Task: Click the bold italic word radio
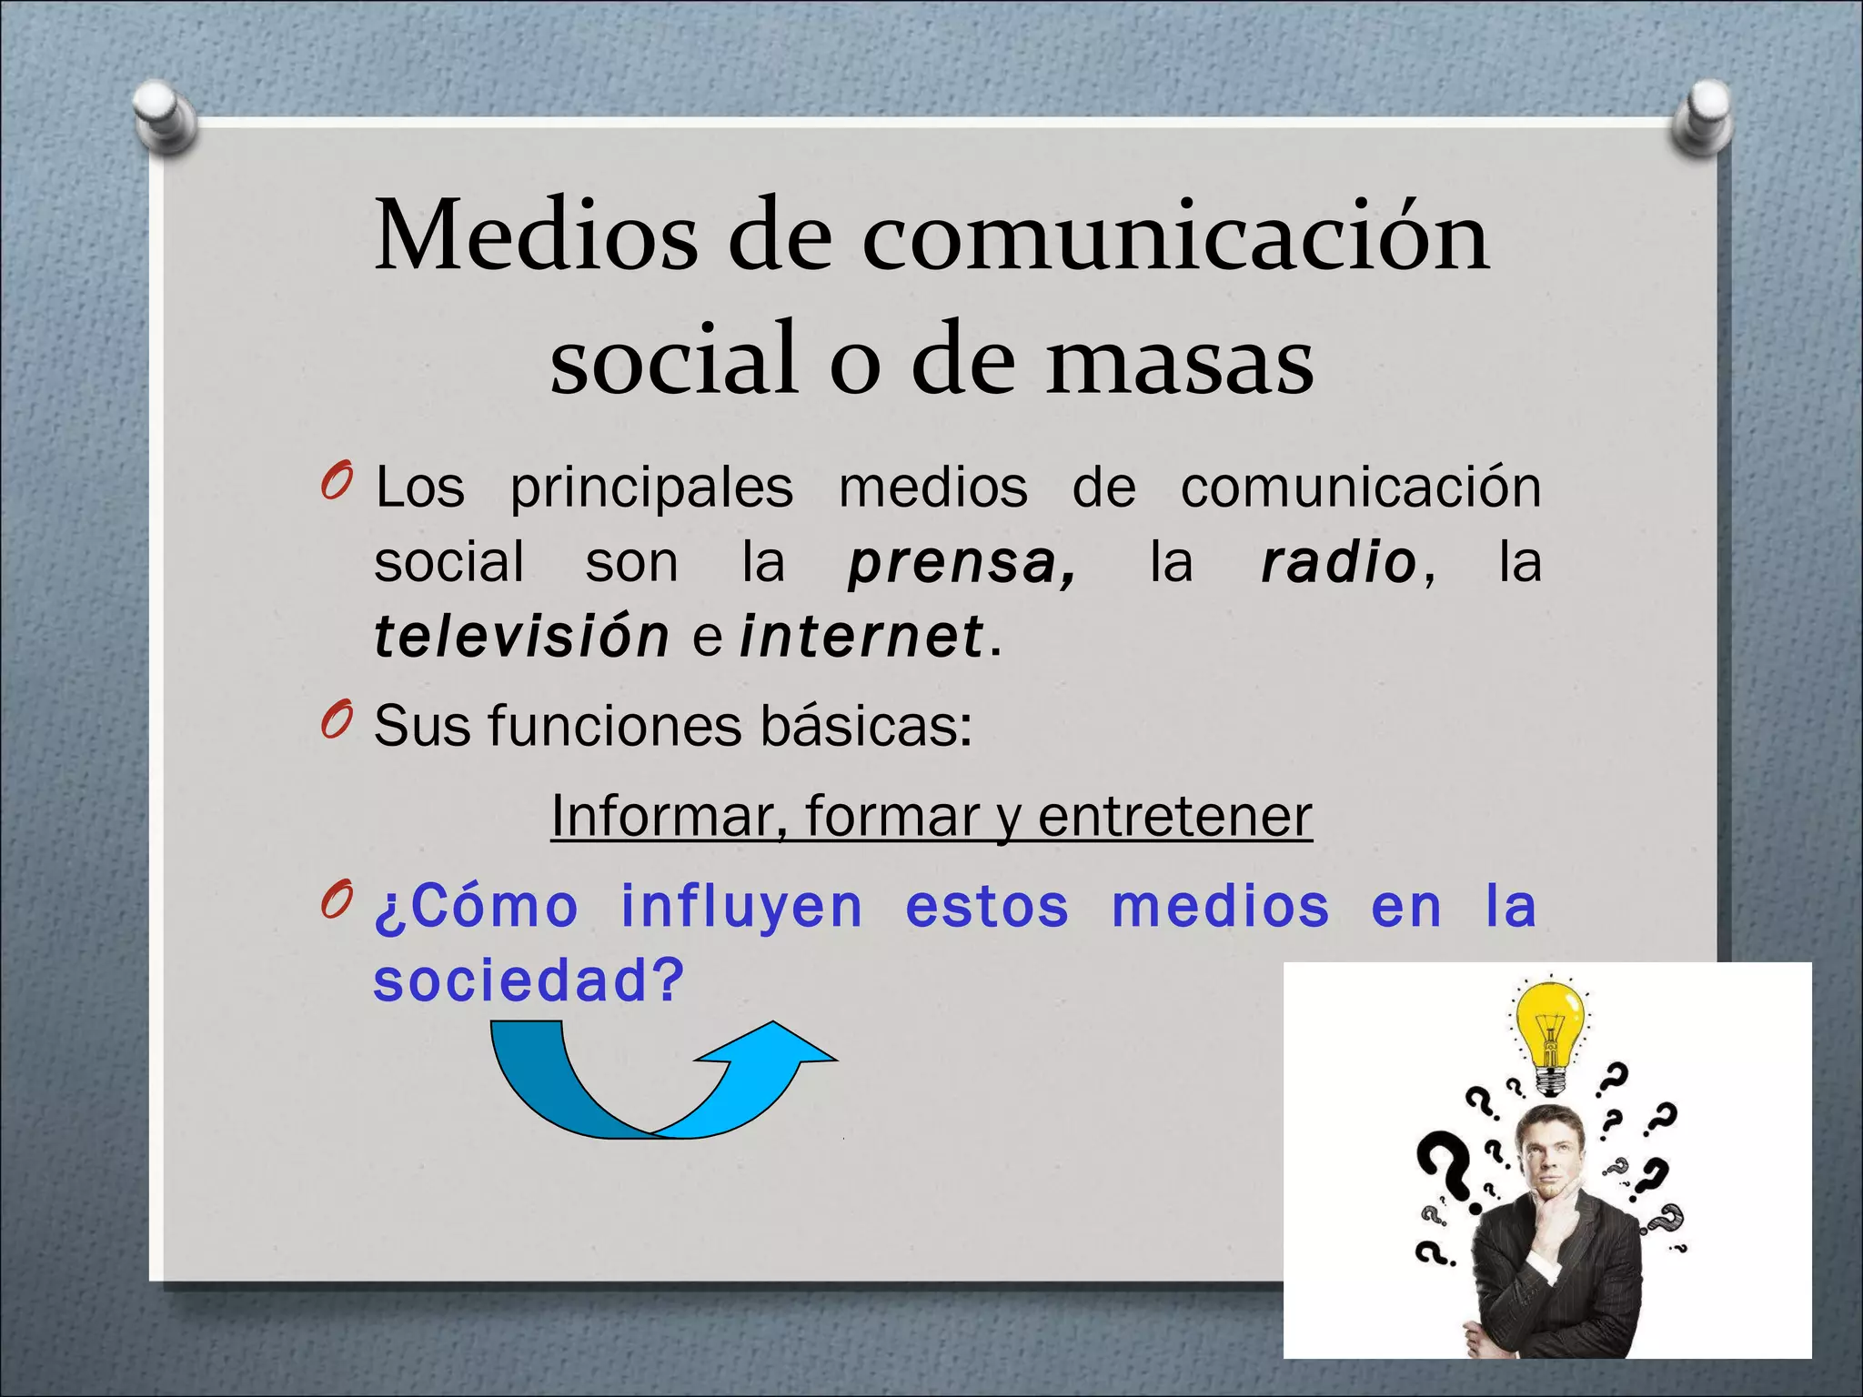coord(1338,563)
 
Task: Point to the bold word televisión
coord(521,636)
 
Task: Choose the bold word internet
coord(861,636)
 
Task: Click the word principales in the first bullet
coord(651,488)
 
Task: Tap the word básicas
coord(865,727)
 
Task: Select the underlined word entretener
coord(1174,816)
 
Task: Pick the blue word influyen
coord(741,907)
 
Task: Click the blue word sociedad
coord(528,981)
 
